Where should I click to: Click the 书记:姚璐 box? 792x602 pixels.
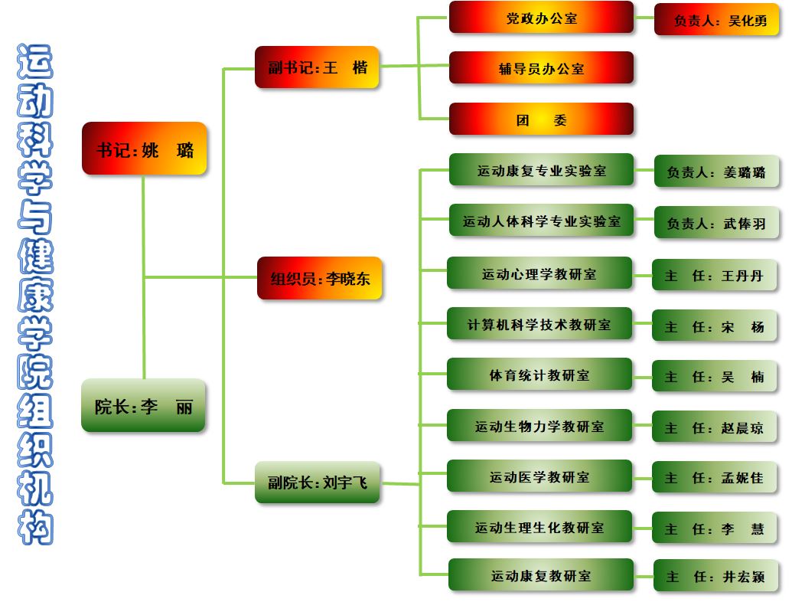(144, 149)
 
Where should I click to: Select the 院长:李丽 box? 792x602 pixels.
(144, 405)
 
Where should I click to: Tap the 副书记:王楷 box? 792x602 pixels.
(317, 67)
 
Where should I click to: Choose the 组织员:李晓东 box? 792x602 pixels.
(319, 278)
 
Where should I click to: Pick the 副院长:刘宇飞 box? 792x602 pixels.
(317, 483)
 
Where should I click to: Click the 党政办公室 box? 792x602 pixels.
(541, 18)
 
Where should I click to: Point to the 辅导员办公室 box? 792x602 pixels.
(541, 68)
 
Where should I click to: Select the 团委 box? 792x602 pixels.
(541, 119)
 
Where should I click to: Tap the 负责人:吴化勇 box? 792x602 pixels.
(717, 20)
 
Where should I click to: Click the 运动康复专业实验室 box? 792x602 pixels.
(541, 170)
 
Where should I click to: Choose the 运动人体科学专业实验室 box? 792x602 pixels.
(541, 221)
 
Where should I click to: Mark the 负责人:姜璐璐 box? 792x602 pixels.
(716, 172)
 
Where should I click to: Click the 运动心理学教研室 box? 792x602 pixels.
(539, 273)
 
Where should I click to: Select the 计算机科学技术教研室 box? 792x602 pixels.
(539, 324)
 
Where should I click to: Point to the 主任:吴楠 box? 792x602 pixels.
(714, 376)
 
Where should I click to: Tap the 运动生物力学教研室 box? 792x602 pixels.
(539, 426)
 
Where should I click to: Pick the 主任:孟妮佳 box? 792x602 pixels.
(714, 478)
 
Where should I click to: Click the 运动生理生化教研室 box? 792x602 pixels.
(539, 527)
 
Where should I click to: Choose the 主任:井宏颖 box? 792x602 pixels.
(715, 576)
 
